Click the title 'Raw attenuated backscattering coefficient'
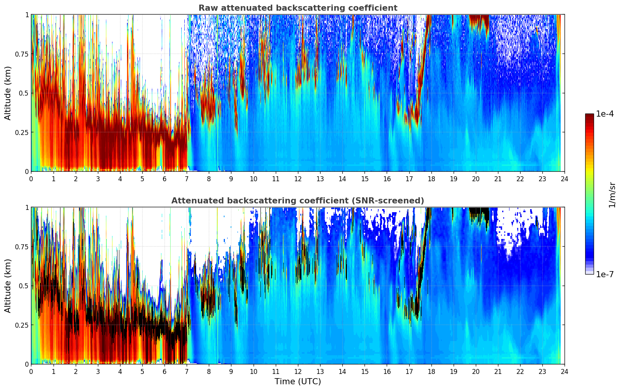point(298,8)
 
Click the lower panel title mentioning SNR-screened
point(298,201)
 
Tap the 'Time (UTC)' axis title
point(298,382)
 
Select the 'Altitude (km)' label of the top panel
point(8,93)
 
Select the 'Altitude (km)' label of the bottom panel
point(8,286)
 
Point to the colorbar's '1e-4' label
point(605,114)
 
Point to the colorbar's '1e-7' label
point(605,275)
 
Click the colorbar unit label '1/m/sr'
point(612,195)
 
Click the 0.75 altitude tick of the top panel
point(21,54)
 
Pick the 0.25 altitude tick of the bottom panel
point(21,325)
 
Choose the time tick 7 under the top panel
point(187,179)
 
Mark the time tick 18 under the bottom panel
point(431,371)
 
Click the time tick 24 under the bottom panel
point(565,371)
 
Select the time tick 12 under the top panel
point(298,179)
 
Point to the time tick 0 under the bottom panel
point(31,371)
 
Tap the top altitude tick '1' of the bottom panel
point(27,208)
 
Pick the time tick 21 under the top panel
point(498,179)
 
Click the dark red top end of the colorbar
point(589,115)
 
